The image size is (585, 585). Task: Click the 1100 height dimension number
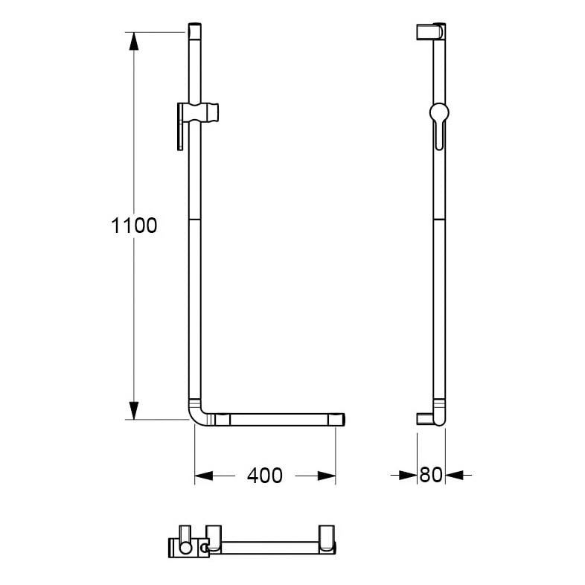[134, 226]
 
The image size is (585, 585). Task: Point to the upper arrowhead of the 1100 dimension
[134, 41]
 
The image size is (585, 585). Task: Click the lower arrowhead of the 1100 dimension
[134, 409]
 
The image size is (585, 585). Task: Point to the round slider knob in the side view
[439, 112]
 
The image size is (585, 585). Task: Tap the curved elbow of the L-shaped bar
[198, 417]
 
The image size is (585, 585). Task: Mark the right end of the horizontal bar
[339, 420]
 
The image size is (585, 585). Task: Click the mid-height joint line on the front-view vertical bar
[194, 220]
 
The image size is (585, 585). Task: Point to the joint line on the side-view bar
[439, 220]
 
